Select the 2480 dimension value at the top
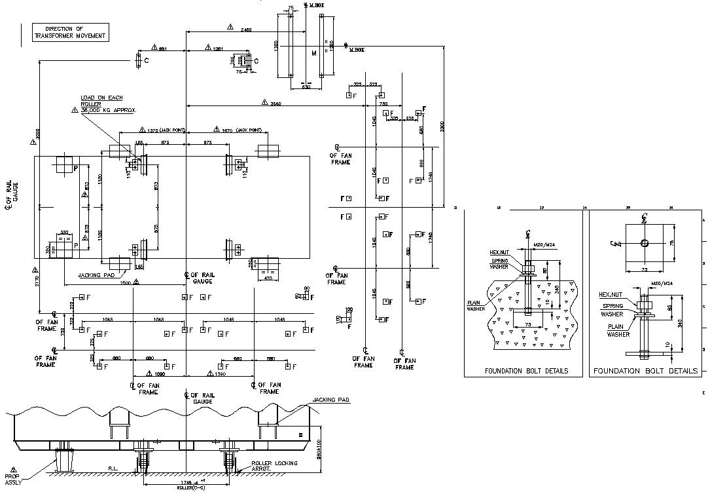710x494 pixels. coord(246,30)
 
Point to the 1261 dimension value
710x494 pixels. coord(219,48)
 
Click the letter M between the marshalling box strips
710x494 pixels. coord(313,52)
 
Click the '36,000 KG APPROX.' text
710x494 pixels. coord(107,111)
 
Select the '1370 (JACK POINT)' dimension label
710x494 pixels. coord(161,130)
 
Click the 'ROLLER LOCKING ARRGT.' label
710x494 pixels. coord(274,466)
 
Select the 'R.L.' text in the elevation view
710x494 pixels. coord(113,468)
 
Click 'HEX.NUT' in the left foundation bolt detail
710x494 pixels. coord(499,252)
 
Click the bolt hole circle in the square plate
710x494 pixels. coord(645,243)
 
